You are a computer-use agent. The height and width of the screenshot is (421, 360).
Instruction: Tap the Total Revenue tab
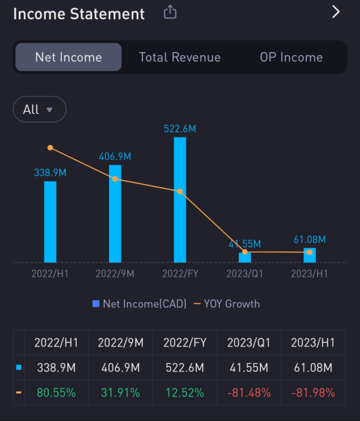pyautogui.click(x=180, y=57)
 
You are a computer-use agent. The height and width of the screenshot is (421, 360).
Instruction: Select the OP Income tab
pyautogui.click(x=291, y=57)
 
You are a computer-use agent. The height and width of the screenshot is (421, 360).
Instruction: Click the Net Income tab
pyautogui.click(x=69, y=57)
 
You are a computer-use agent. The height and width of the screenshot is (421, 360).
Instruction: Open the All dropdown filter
pyautogui.click(x=39, y=109)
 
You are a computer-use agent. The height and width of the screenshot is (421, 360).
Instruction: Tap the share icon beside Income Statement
pyautogui.click(x=170, y=13)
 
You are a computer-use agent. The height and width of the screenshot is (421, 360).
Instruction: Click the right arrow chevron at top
pyautogui.click(x=336, y=12)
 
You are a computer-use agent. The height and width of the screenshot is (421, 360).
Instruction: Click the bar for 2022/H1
pyautogui.click(x=50, y=222)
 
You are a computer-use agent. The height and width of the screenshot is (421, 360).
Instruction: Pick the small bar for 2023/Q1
pyautogui.click(x=245, y=257)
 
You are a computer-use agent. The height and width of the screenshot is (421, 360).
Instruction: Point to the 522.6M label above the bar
pyautogui.click(x=180, y=129)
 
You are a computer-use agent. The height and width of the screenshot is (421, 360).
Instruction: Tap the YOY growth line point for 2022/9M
pyautogui.click(x=115, y=179)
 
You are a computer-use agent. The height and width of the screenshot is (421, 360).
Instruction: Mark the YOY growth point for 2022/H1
pyautogui.click(x=50, y=148)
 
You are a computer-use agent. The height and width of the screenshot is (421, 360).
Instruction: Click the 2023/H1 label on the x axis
pyautogui.click(x=309, y=274)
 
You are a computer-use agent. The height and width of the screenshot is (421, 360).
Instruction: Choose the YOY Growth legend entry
pyautogui.click(x=227, y=304)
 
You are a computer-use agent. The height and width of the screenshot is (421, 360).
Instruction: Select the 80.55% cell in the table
pyautogui.click(x=56, y=393)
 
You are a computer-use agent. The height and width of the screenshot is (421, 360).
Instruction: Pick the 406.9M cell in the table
pyautogui.click(x=120, y=368)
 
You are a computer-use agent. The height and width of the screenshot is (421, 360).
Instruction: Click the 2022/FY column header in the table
pyautogui.click(x=185, y=343)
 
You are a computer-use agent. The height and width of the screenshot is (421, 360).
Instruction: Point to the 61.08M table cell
pyautogui.click(x=313, y=368)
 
